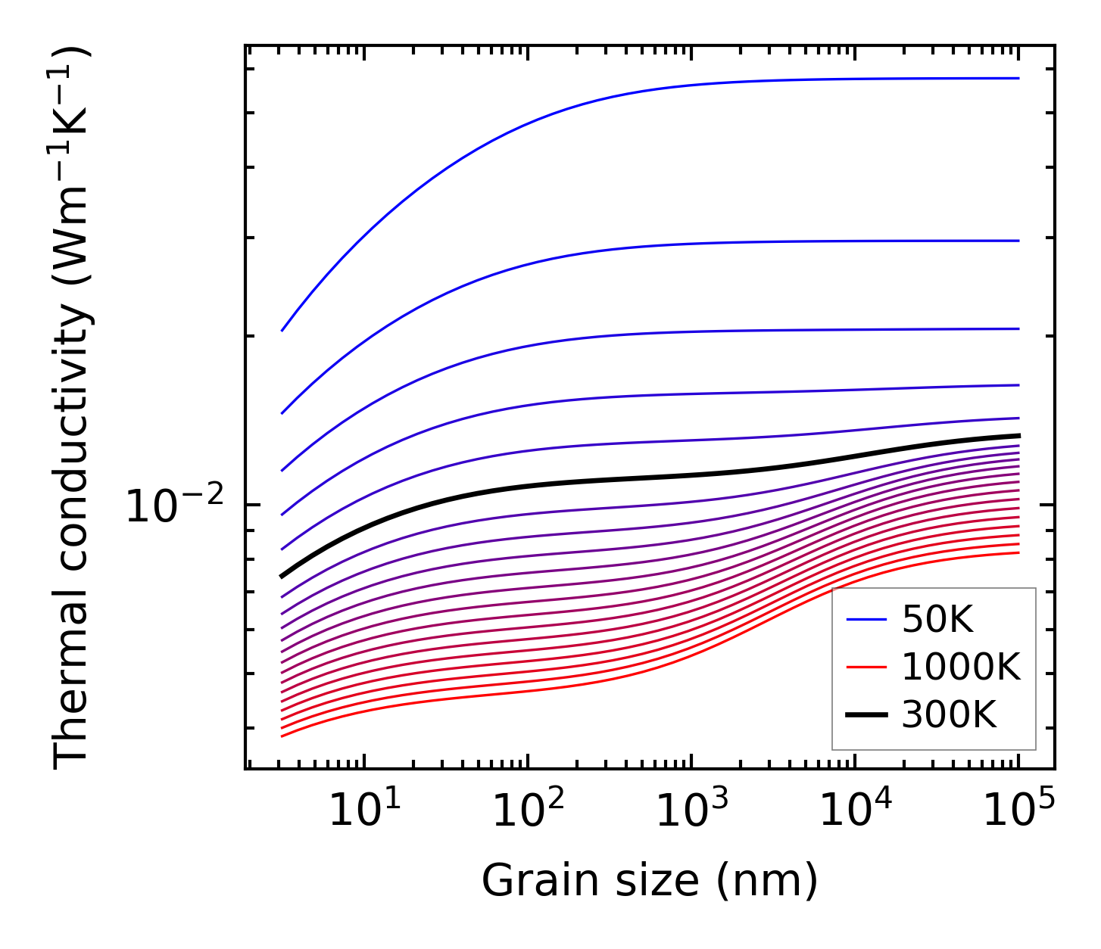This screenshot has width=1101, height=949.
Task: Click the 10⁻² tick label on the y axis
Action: click(x=175, y=506)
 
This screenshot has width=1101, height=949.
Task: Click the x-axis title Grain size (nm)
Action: click(x=650, y=882)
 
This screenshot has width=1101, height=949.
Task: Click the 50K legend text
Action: click(x=937, y=621)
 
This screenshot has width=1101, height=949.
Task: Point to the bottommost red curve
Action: click(x=530, y=689)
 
